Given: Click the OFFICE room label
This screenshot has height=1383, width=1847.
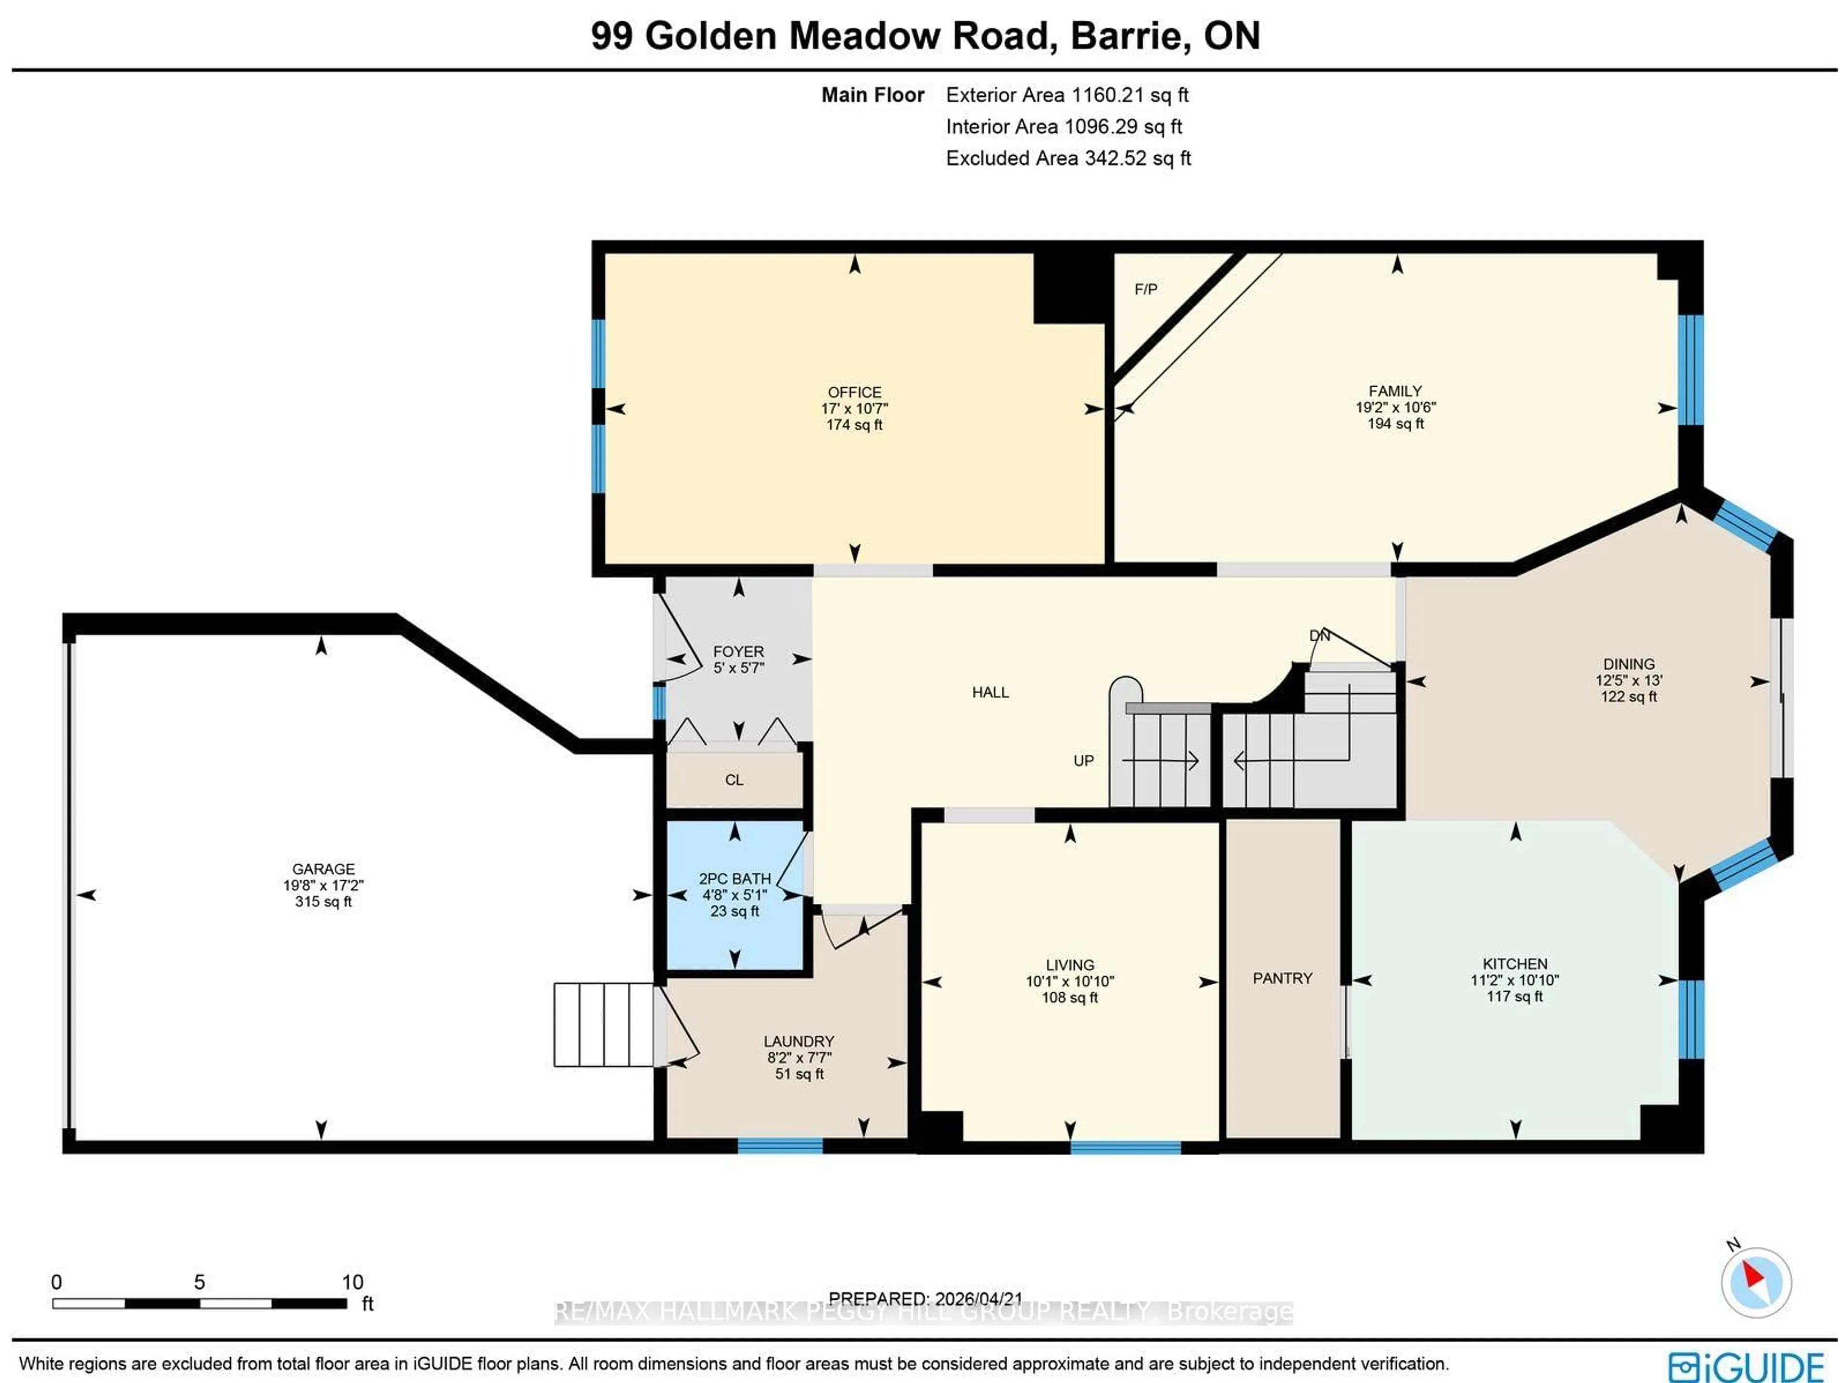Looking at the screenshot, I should [x=854, y=392].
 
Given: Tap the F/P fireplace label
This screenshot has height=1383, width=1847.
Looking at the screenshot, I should [x=1146, y=289].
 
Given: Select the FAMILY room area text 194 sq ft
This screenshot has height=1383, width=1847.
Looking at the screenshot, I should [x=1395, y=423].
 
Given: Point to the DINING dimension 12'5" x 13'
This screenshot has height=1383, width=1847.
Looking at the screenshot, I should [x=1628, y=680].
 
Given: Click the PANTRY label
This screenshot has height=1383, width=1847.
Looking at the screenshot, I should [x=1282, y=978].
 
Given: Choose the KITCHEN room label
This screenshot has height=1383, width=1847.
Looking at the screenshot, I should [x=1515, y=963].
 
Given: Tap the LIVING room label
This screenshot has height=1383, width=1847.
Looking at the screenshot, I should [x=1070, y=964].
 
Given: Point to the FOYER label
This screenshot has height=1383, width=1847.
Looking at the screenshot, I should [x=738, y=651].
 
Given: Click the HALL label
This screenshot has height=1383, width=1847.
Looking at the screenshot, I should [x=990, y=692].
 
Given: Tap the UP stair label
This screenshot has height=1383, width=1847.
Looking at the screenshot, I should [x=1083, y=761].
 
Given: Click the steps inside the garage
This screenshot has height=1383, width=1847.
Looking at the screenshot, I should [x=604, y=1025].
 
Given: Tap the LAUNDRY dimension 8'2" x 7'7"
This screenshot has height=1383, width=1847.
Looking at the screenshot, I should [x=799, y=1057].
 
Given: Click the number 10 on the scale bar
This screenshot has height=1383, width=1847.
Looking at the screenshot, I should [x=353, y=1282].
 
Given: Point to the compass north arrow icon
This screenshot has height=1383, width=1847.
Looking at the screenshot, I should [x=1755, y=1282].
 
